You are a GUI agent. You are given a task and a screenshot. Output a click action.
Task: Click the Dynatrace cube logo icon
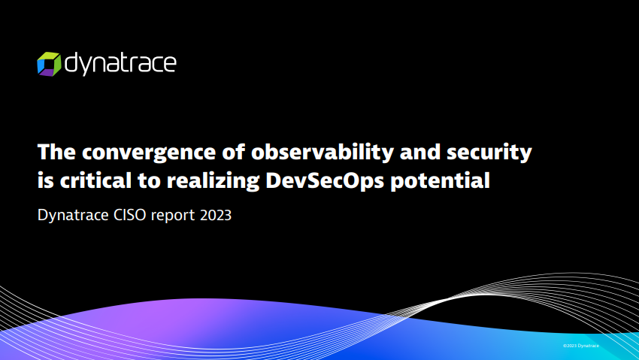(x=49, y=64)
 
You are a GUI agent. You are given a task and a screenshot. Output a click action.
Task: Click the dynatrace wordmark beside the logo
(x=120, y=64)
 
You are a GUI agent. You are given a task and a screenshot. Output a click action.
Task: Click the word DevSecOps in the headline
(x=325, y=181)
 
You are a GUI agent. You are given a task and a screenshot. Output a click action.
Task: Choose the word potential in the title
(x=440, y=181)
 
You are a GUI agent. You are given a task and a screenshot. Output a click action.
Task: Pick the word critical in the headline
(x=95, y=180)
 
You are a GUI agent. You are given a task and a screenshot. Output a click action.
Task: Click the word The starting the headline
(x=56, y=152)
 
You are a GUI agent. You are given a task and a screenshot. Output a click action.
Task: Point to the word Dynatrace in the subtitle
(x=73, y=216)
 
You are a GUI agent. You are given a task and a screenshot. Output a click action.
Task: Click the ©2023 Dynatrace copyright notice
(x=581, y=346)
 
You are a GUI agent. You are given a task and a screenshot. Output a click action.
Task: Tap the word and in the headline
(x=420, y=152)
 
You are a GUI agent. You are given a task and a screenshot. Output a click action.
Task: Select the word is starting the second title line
(x=46, y=180)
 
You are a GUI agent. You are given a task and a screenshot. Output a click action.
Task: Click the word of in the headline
(x=234, y=152)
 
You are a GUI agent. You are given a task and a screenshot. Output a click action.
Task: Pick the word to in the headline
(x=149, y=181)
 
